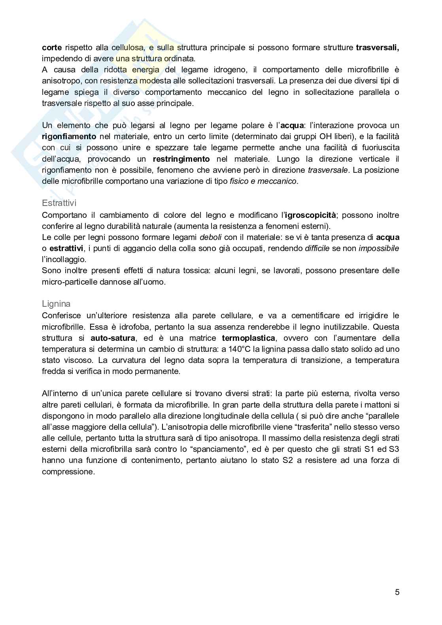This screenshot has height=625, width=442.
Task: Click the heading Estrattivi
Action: (59, 203)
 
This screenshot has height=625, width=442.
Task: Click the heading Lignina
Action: (56, 304)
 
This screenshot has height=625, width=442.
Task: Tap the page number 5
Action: (397, 592)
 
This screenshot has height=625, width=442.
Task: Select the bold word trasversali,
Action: (378, 47)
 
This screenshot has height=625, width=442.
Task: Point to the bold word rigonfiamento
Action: (69, 136)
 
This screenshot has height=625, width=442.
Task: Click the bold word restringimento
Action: (181, 159)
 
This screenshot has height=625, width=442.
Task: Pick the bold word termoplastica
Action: (248, 338)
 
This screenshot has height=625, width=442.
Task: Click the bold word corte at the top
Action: (52, 47)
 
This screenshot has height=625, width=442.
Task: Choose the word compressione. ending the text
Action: (68, 472)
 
